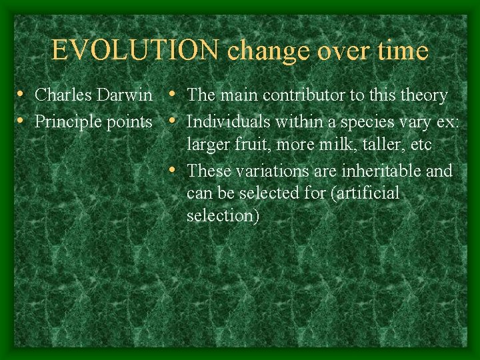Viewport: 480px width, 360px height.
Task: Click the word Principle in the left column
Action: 65,122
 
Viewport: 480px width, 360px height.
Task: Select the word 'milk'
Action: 341,145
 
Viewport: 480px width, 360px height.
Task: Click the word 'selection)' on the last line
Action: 223,216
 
